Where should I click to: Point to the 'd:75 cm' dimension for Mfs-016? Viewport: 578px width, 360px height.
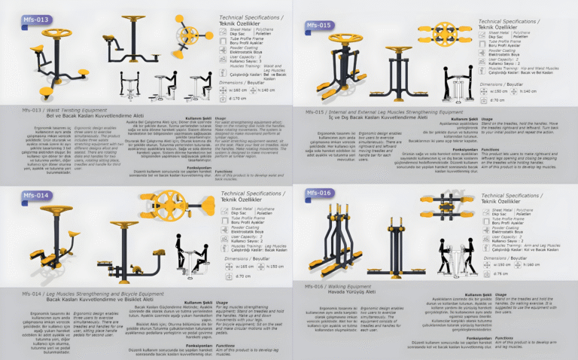(x=498, y=274)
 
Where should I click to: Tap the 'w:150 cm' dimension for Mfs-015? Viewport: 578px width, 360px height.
(x=502, y=91)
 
